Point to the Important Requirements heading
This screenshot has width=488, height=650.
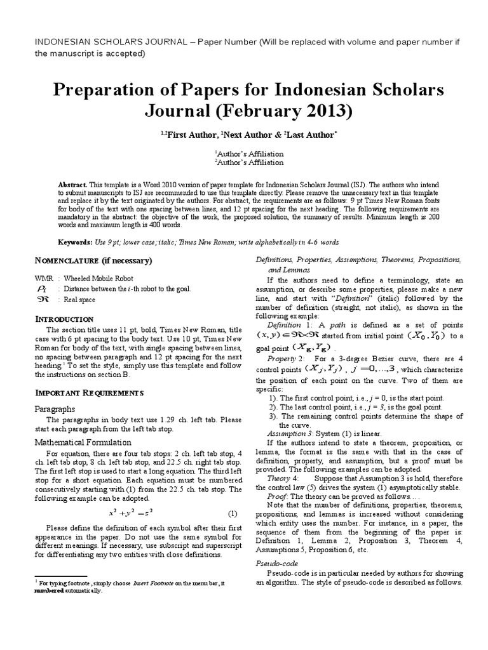click(90, 394)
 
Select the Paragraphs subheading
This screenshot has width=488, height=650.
click(55, 409)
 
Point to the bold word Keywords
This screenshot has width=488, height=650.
click(75, 242)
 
